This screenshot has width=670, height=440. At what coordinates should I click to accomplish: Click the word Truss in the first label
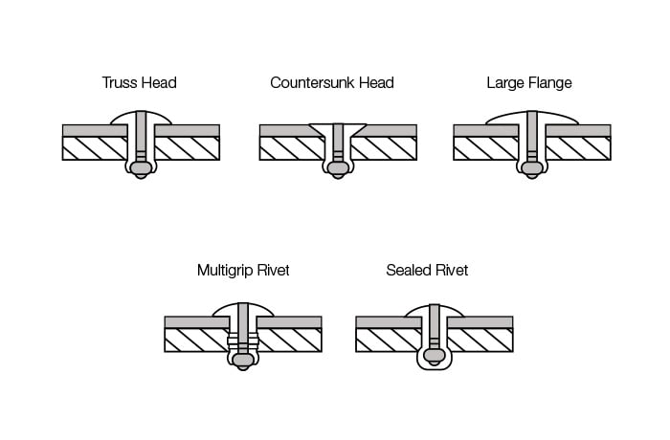[x=119, y=82]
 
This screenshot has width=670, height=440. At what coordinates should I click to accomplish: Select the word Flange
[x=550, y=83]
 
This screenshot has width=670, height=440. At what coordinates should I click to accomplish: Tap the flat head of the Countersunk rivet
[x=338, y=128]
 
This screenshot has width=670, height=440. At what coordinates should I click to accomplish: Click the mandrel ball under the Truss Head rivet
[x=141, y=169]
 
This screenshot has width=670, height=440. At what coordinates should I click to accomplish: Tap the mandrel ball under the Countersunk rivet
[x=338, y=169]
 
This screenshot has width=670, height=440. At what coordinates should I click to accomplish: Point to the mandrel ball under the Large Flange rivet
[x=532, y=169]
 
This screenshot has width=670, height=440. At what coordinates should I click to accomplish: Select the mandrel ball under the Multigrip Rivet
[x=243, y=361]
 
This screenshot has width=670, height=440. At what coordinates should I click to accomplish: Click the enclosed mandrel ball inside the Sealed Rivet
[x=435, y=357]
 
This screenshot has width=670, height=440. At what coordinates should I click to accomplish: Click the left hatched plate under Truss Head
[x=95, y=148]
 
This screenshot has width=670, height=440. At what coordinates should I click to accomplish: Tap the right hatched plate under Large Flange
[x=578, y=148]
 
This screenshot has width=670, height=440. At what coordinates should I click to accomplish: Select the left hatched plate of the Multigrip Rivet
[x=196, y=341]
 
